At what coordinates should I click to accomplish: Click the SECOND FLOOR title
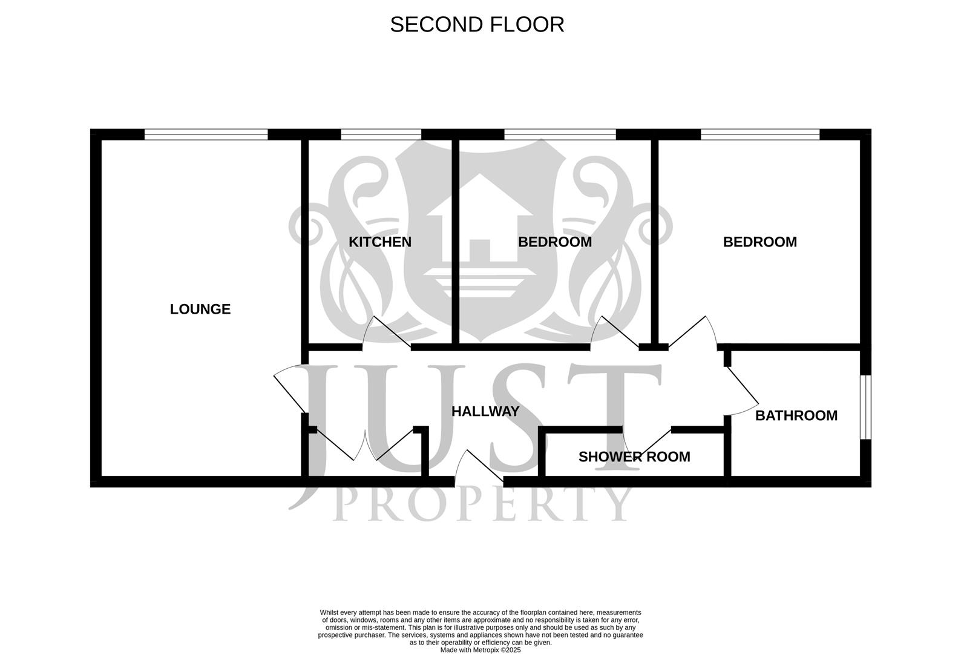477,25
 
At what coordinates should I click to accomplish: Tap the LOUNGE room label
200,309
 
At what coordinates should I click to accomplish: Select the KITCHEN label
379,242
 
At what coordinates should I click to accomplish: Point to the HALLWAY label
485,412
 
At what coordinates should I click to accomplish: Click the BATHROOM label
796,416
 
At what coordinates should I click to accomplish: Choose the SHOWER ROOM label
634,457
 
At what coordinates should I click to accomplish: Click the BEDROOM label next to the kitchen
554,242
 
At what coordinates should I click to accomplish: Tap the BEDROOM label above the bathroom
759,242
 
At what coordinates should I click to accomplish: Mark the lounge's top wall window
206,134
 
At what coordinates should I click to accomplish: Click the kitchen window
381,134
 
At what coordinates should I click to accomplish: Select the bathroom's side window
866,407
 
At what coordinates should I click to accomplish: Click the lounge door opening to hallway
289,388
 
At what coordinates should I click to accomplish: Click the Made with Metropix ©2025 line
480,650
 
